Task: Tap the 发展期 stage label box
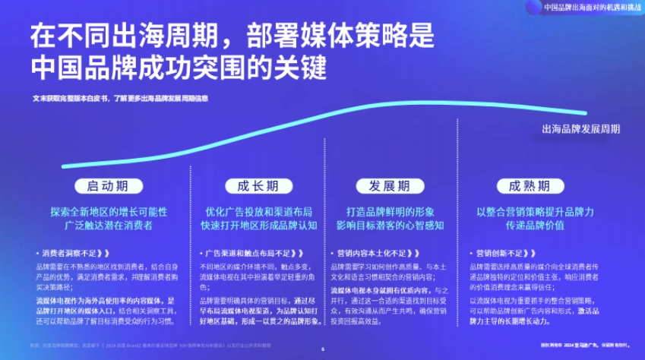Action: (390, 186)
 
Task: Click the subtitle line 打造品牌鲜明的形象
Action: (390, 211)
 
